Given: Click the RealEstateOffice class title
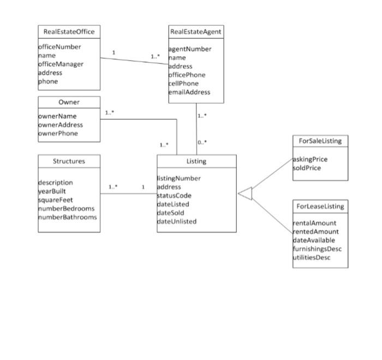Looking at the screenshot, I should (x=69, y=32).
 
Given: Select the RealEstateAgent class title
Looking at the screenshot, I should (x=196, y=32).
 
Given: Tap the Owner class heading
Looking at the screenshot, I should (x=69, y=102).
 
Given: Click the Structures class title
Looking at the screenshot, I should (x=69, y=161).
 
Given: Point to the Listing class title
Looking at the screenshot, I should (x=196, y=161).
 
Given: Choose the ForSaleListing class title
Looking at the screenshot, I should (x=320, y=141).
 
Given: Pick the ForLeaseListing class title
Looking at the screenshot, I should (x=320, y=206).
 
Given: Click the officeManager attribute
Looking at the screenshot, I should (x=61, y=64).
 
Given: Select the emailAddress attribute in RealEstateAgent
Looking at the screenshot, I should (x=189, y=92).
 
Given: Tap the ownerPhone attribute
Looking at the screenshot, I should (x=58, y=133).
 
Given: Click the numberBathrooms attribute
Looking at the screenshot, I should (x=67, y=217).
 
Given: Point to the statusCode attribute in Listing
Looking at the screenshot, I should (x=174, y=196).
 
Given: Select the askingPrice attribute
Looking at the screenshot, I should (x=311, y=160).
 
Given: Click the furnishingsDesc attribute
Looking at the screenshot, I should (x=317, y=249).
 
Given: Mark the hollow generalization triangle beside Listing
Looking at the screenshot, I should (x=245, y=193).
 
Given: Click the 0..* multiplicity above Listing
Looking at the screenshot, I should (x=202, y=143).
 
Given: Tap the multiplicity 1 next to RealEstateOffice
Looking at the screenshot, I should (x=114, y=52).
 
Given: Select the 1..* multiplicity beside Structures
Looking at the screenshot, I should (x=112, y=187).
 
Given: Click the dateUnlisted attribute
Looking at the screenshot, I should (x=176, y=221).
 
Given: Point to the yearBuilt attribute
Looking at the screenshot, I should (x=52, y=191).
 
